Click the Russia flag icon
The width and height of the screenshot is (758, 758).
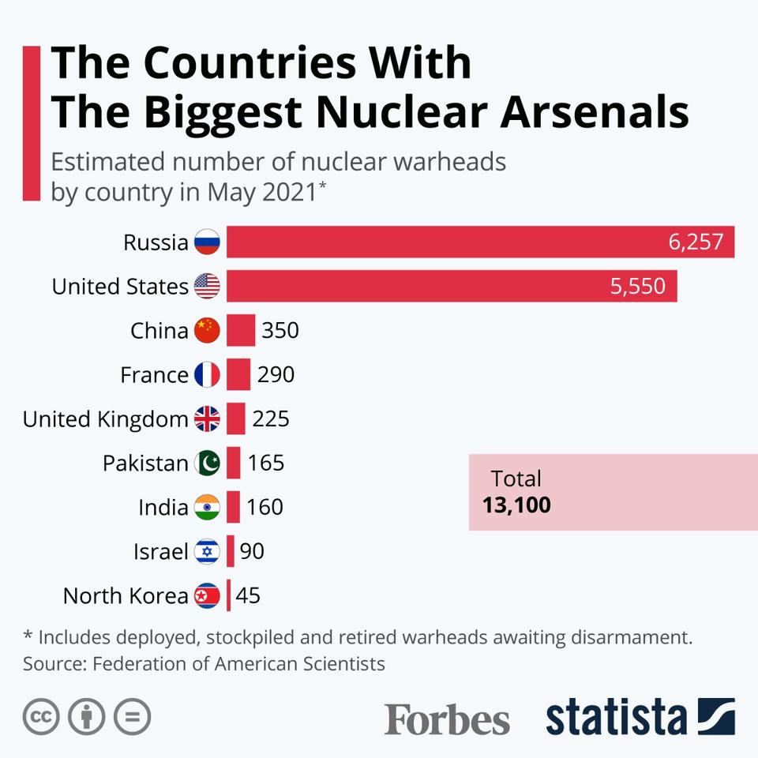(x=207, y=242)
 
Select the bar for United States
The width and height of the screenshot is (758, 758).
(x=452, y=286)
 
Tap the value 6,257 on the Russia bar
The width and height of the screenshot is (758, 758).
(x=696, y=242)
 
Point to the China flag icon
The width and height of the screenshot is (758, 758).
(x=207, y=330)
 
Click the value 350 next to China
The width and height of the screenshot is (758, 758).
(x=280, y=330)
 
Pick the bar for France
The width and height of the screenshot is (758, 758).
(x=238, y=374)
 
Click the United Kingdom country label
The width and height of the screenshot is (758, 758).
(x=106, y=418)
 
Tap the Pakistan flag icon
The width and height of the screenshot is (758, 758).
(x=207, y=463)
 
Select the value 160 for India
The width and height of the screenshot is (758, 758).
(x=265, y=507)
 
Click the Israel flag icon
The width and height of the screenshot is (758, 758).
(x=207, y=551)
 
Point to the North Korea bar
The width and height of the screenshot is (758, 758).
(x=229, y=595)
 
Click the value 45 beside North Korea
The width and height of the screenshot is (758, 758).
(x=248, y=595)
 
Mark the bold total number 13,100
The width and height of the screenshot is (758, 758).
(x=516, y=505)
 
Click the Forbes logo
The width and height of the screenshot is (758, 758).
(x=447, y=719)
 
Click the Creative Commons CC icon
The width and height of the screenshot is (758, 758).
(x=41, y=717)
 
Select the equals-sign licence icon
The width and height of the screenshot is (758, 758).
(x=132, y=717)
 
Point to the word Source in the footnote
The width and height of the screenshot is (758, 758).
(x=54, y=663)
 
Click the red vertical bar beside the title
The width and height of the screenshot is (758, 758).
(x=32, y=122)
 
